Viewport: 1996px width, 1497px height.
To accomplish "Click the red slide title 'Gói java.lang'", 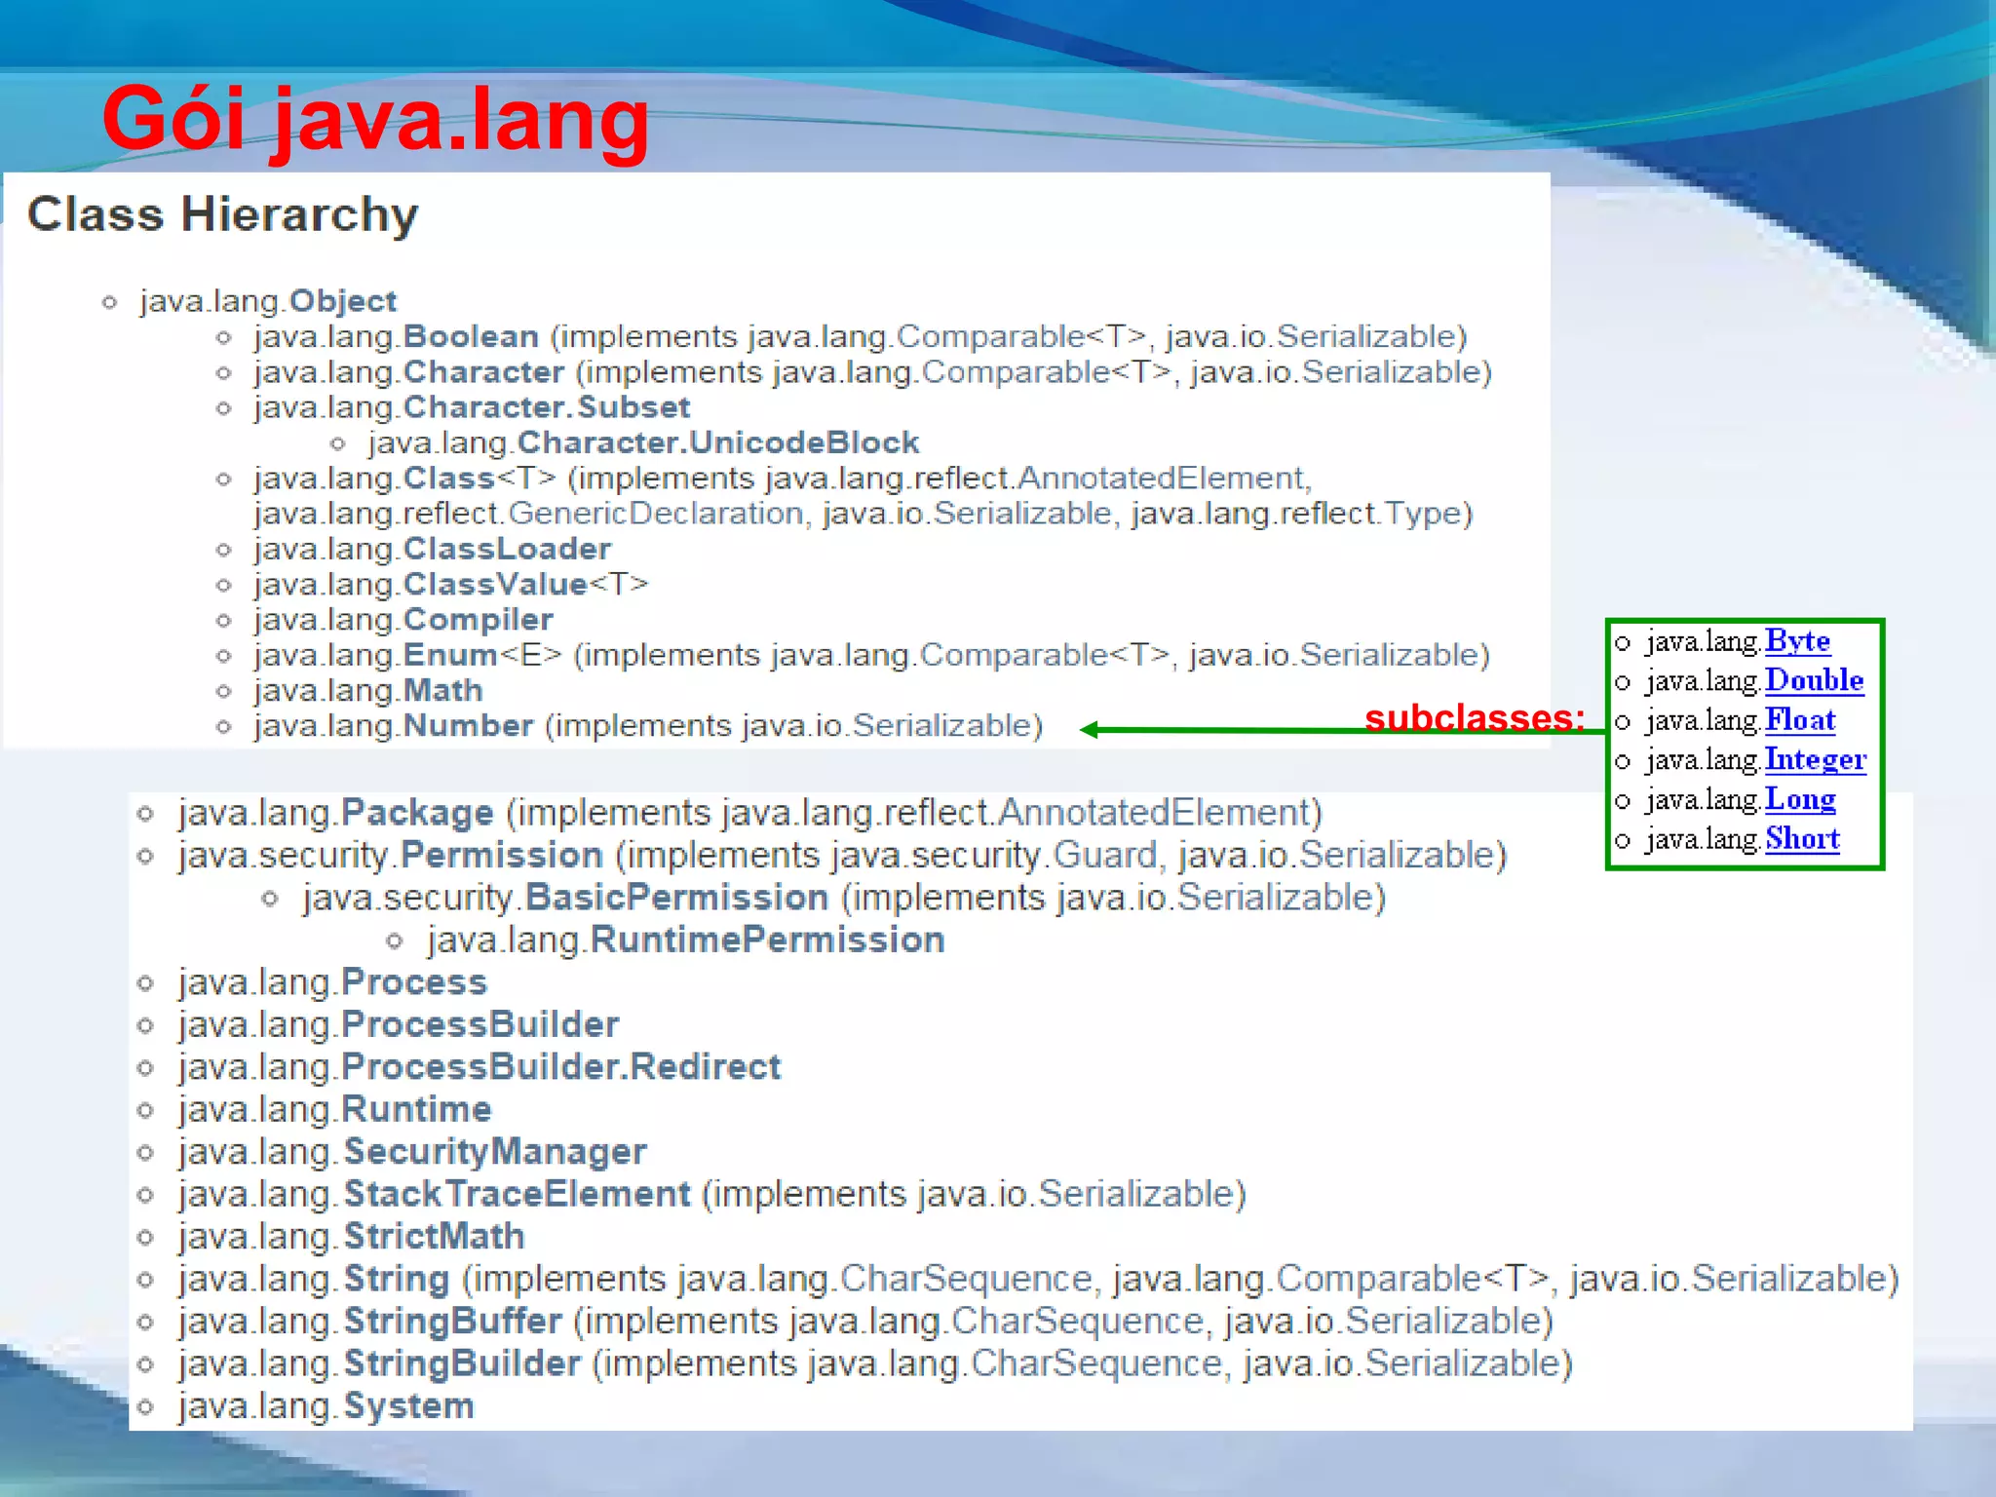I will click(375, 119).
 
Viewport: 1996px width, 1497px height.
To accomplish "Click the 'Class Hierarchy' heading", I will click(222, 214).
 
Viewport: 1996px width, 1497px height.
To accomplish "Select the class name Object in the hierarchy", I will click(342, 301).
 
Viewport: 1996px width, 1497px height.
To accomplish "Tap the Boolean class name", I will click(471, 336).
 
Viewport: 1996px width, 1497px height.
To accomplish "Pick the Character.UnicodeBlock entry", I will click(717, 442).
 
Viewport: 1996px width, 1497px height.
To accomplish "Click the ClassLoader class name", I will click(507, 549).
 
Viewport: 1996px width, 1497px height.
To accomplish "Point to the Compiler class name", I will click(478, 620).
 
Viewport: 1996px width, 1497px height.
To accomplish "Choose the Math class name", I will click(442, 691).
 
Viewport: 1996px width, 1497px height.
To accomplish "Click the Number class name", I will click(468, 726).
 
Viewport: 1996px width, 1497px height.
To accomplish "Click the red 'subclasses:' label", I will click(1474, 718).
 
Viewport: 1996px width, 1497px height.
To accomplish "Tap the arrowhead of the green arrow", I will click(1090, 730).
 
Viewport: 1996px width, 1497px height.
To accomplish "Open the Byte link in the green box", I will click(1797, 641).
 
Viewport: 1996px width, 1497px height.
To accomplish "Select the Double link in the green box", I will click(1814, 680).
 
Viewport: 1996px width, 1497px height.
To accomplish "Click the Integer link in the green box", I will click(1815, 759).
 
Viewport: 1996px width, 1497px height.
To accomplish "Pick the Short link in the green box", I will click(1802, 838).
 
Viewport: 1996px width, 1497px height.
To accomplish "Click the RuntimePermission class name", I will click(767, 940).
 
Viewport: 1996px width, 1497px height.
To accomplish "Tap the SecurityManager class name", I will click(494, 1152).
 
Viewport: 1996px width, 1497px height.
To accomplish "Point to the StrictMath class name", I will click(434, 1237).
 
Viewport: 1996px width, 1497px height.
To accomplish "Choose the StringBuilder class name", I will click(462, 1363).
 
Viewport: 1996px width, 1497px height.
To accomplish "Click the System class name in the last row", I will click(408, 1406).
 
